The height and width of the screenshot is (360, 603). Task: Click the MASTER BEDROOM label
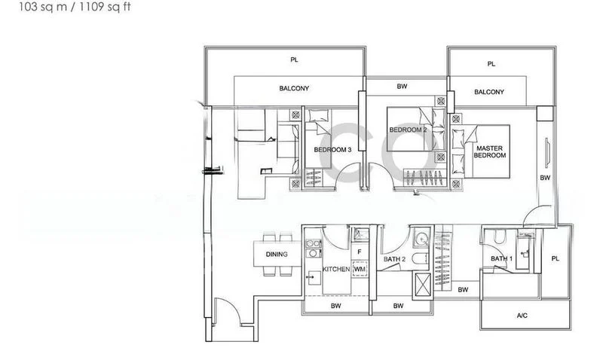pyautogui.click(x=490, y=151)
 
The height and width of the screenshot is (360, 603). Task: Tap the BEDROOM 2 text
pyautogui.click(x=408, y=130)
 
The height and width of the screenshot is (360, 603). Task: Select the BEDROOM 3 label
pyautogui.click(x=332, y=150)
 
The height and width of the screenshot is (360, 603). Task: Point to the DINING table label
pyautogui.click(x=277, y=255)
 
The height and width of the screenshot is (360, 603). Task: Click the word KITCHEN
pyautogui.click(x=335, y=269)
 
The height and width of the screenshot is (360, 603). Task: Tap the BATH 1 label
pyautogui.click(x=500, y=259)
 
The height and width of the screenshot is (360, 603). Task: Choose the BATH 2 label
pyautogui.click(x=395, y=259)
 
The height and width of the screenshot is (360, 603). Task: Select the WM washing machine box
pyautogui.click(x=360, y=268)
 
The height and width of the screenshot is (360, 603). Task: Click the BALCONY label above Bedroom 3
pyautogui.click(x=294, y=89)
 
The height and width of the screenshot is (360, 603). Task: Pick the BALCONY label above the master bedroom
pyautogui.click(x=489, y=93)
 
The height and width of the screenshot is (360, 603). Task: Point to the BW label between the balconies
pyautogui.click(x=403, y=87)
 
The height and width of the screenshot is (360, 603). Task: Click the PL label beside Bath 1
pyautogui.click(x=556, y=258)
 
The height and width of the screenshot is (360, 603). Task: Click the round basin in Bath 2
pyautogui.click(x=420, y=239)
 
